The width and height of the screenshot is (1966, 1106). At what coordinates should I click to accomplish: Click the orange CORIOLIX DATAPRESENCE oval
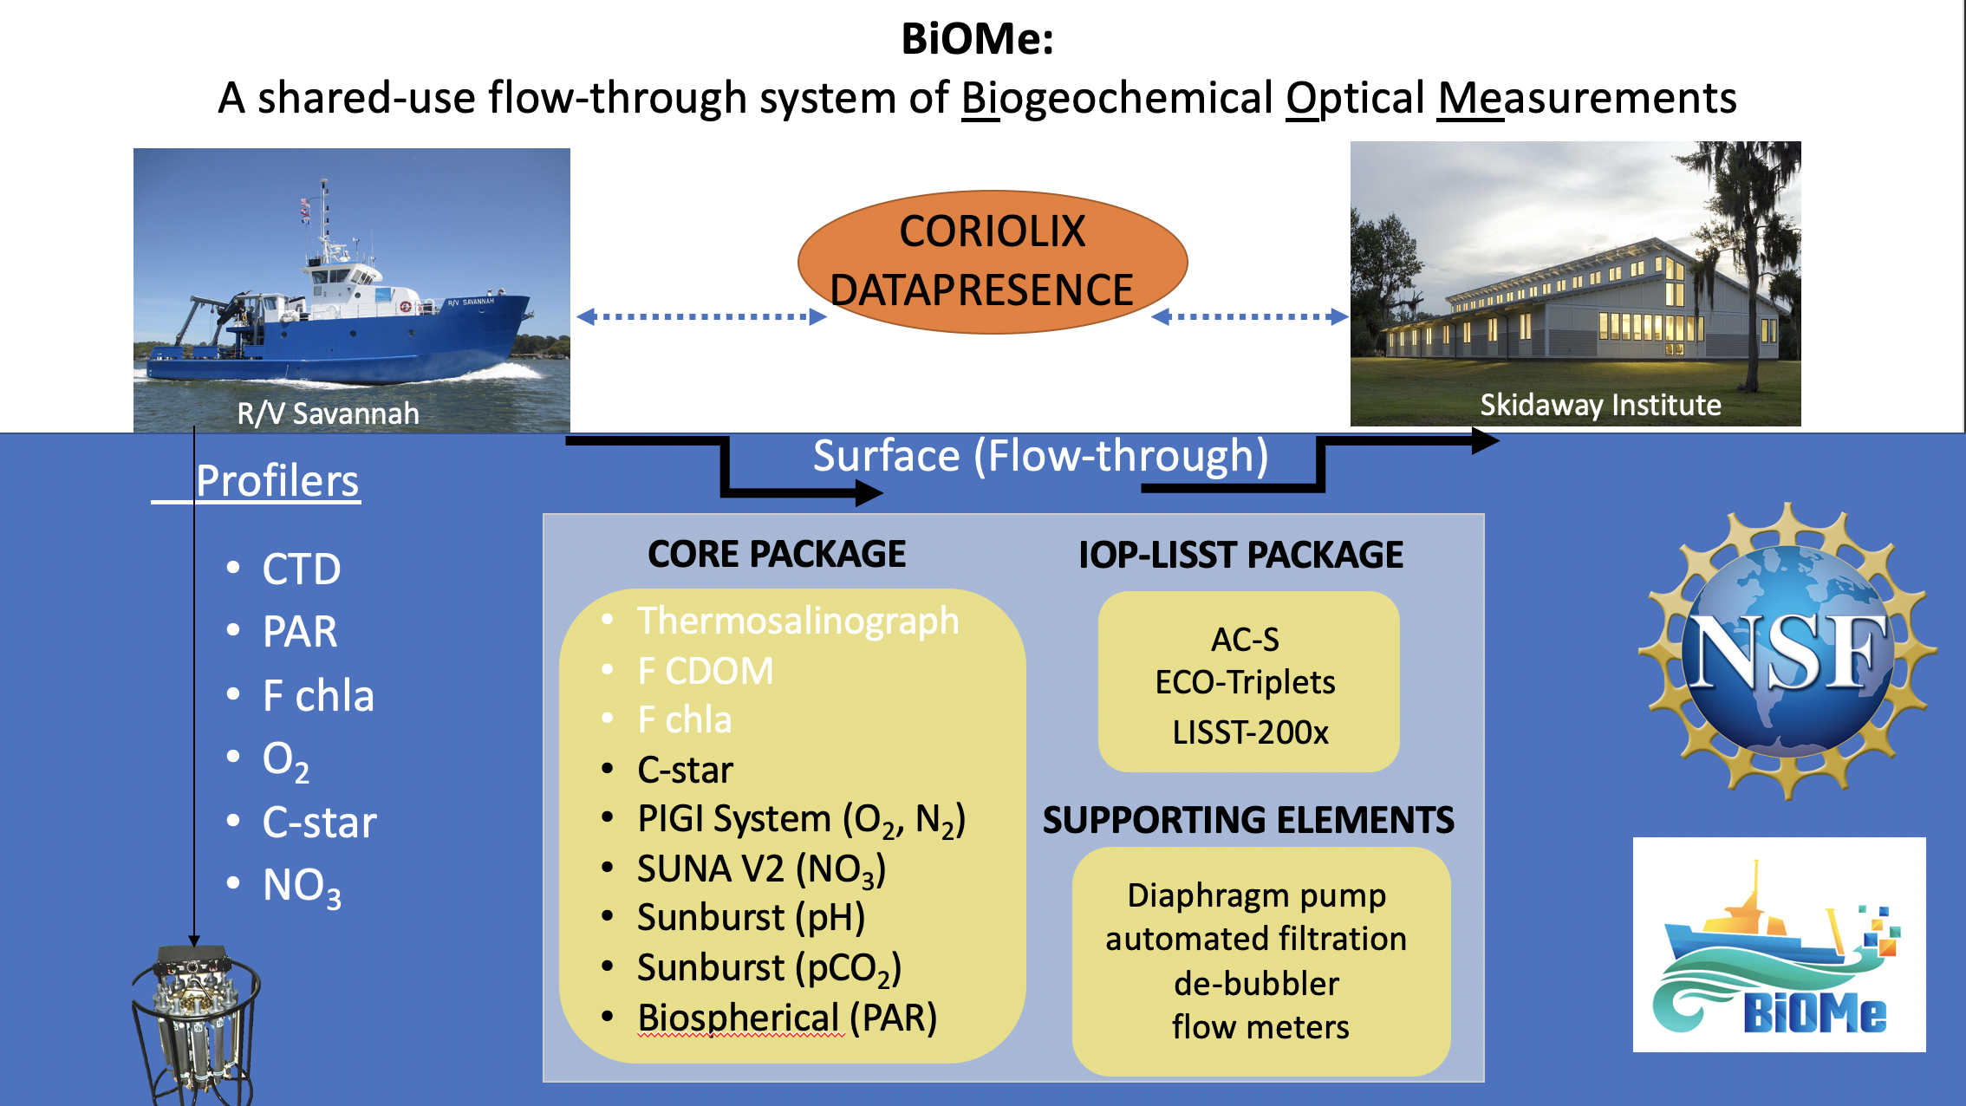[x=992, y=261]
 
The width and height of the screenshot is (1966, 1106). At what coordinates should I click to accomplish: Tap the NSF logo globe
[x=1787, y=652]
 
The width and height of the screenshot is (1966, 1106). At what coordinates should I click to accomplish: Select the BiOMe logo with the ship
[x=1779, y=945]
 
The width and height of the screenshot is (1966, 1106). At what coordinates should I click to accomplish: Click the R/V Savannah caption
[x=328, y=413]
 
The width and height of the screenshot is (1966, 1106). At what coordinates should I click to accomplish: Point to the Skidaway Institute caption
[x=1600, y=405]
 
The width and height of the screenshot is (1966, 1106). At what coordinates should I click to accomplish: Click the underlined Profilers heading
[x=277, y=481]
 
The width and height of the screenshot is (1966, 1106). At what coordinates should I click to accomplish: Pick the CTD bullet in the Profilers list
[x=301, y=569]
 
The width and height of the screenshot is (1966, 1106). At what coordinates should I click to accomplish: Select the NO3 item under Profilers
[x=302, y=887]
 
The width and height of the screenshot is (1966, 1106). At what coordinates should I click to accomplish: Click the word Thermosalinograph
[x=797, y=621]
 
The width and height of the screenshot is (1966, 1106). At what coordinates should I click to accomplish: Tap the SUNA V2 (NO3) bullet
[x=761, y=869]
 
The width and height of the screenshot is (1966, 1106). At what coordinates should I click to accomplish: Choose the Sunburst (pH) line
[x=751, y=918]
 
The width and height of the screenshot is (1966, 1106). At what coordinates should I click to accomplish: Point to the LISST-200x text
[x=1250, y=732]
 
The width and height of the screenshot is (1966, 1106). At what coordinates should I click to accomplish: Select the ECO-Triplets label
[x=1245, y=682]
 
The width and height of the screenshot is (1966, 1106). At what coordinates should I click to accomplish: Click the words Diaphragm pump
[x=1256, y=895]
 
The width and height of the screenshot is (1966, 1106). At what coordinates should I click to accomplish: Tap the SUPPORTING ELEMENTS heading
[x=1248, y=820]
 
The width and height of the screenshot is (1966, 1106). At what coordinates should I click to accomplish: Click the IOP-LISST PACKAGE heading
[x=1240, y=555]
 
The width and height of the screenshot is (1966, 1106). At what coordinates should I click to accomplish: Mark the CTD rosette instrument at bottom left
[x=195, y=1023]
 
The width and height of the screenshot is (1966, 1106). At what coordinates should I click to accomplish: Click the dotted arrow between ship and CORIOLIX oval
[x=701, y=317]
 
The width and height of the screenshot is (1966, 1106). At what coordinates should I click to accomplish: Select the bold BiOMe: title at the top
[x=977, y=39]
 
